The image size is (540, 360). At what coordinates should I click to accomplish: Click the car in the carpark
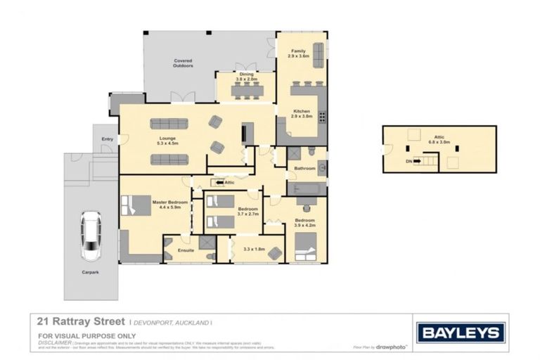tap(91, 236)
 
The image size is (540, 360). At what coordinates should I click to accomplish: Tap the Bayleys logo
tap(461, 333)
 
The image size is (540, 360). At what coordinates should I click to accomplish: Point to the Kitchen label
tap(302, 110)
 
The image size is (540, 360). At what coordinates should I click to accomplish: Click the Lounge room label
tap(167, 139)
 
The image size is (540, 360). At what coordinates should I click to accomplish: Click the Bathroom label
tap(304, 168)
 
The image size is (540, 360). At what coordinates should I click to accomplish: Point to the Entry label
tap(107, 139)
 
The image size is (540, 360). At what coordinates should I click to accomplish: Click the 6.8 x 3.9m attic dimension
tap(439, 142)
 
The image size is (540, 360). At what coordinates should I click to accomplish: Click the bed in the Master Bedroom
tap(132, 205)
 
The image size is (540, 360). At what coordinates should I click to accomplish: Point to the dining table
tap(246, 90)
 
